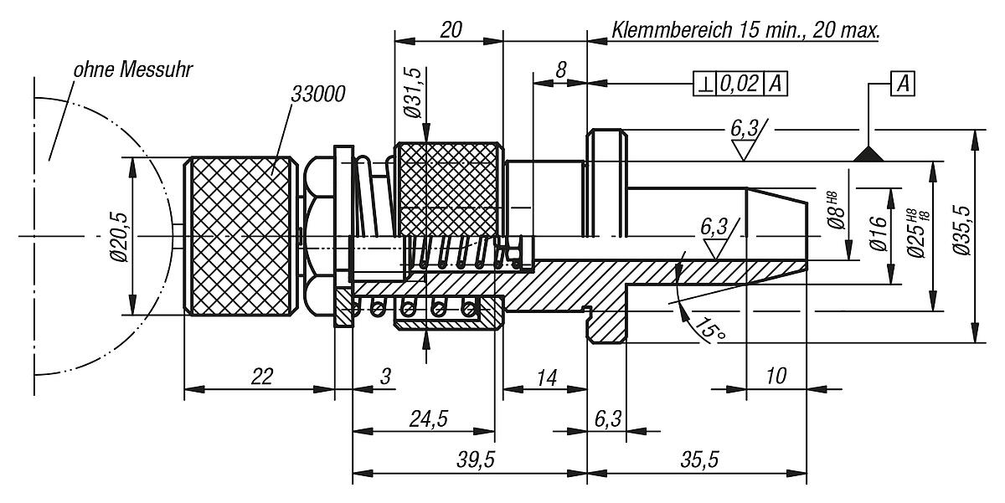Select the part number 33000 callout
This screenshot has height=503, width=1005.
[x=318, y=94]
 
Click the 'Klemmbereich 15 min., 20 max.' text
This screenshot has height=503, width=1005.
[x=745, y=31]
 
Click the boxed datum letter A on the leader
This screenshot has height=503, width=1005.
[x=903, y=83]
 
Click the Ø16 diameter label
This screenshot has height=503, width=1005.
[x=877, y=234]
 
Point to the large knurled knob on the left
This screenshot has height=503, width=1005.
[x=240, y=237]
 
